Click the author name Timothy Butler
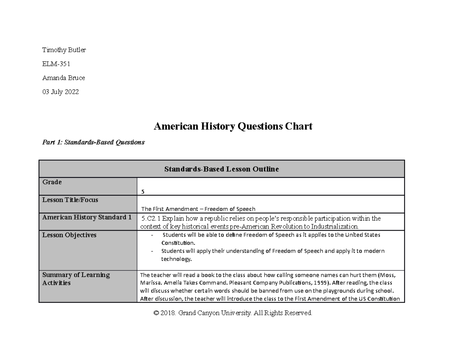pos(64,50)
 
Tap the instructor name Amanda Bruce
pos(63,78)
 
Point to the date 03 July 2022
pos(60,92)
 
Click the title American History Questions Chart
pos(233,126)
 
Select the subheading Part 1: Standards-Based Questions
pos(93,142)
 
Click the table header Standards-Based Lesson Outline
pos(221,169)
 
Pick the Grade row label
pos(52,182)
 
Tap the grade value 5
pos(143,192)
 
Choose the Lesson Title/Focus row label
pos(70,200)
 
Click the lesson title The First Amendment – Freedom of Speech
pos(198,209)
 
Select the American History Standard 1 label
pos(87,217)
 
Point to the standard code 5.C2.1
pos(151,218)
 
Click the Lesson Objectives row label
pos(69,235)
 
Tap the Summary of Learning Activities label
pos(76,279)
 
